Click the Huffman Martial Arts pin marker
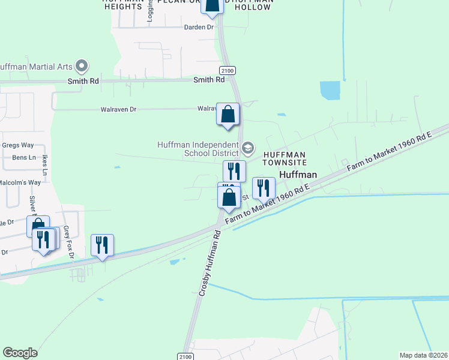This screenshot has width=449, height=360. (82, 65)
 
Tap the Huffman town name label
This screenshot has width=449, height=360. (298, 175)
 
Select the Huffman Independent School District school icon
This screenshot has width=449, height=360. (248, 148)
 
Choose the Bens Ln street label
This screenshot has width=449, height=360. (24, 158)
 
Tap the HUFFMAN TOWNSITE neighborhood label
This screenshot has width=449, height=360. (286, 158)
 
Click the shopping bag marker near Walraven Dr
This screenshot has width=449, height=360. (228, 114)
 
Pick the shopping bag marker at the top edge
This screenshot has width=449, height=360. (211, 5)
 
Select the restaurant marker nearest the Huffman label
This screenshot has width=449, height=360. (264, 188)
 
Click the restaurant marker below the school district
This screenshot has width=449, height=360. (234, 171)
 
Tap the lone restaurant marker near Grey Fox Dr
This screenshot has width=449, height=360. (102, 245)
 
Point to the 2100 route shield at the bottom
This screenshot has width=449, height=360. (186, 356)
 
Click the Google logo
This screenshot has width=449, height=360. (20, 353)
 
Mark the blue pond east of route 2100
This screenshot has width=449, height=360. (330, 90)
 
